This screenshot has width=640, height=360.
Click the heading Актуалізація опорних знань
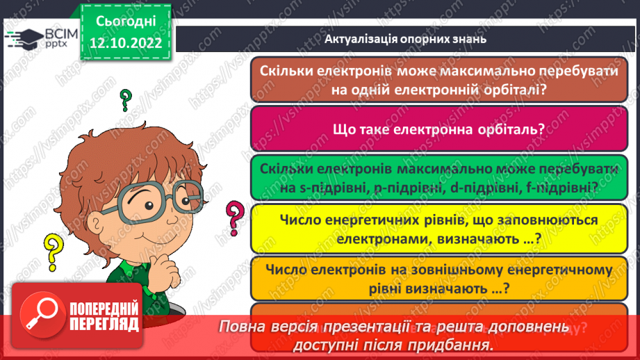click(405, 39)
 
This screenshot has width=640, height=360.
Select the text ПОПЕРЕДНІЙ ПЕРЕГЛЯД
click(104, 316)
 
